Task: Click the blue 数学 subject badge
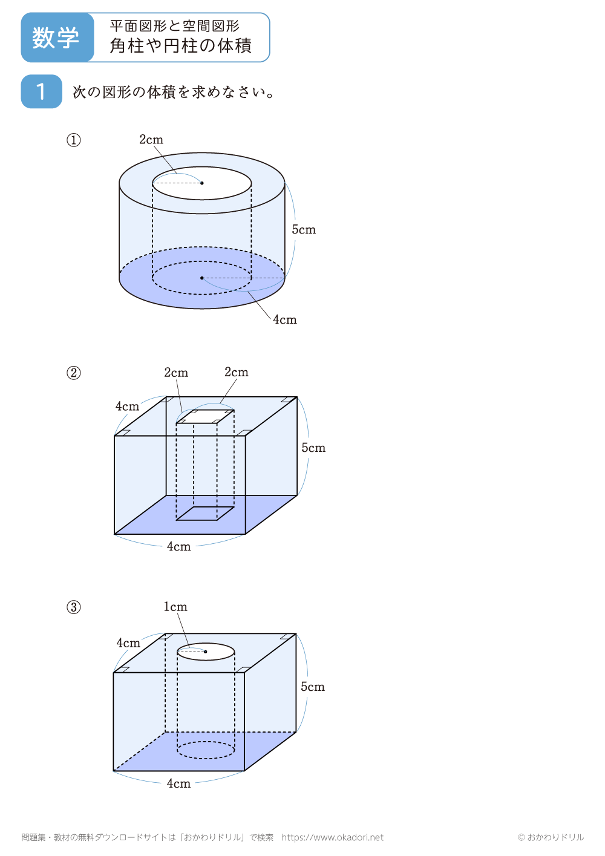pos(57,38)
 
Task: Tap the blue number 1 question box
pos(41,91)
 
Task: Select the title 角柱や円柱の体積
pos(180,46)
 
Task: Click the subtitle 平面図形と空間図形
pos(174,26)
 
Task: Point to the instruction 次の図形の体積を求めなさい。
pos(174,92)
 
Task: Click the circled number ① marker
pos(73,140)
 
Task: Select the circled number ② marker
pos(73,373)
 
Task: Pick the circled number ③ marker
pos(73,607)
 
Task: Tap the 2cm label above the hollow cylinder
pos(151,140)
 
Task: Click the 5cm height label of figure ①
pos(304,230)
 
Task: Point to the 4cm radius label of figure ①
pos(284,320)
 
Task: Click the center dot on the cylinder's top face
pos(202,183)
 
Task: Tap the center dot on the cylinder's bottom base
pos(202,278)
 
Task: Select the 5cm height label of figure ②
pos(313,448)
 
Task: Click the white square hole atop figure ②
pos(205,417)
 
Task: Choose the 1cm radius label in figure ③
pos(175,607)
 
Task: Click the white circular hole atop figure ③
pos(206,652)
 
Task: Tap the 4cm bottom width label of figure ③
pos(178,783)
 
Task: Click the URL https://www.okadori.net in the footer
pos(332,837)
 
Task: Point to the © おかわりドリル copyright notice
pos(551,837)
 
